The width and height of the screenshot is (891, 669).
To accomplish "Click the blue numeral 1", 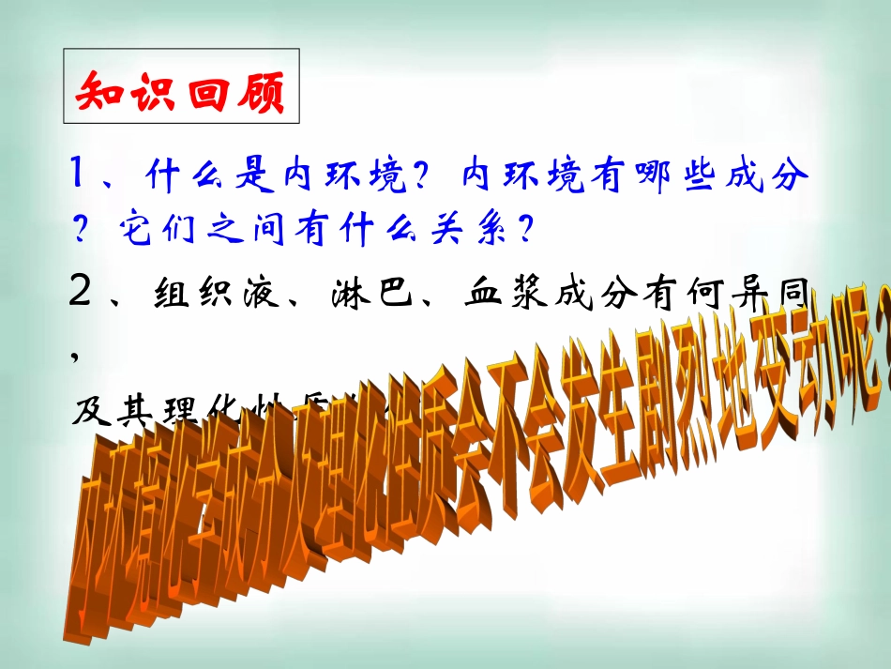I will coord(80,174).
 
